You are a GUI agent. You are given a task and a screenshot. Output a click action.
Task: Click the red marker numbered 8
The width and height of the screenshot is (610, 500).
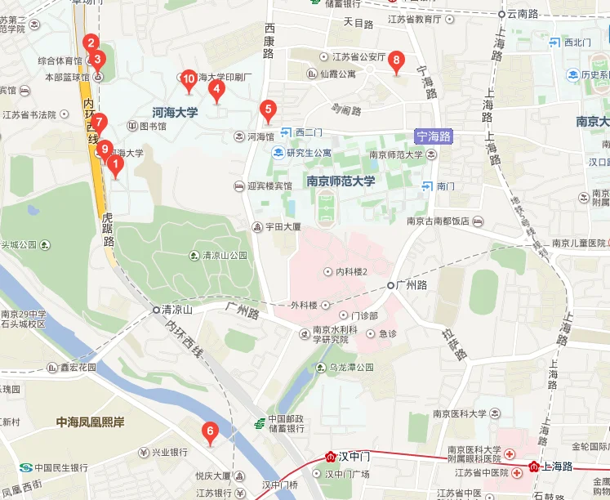coord(396,60)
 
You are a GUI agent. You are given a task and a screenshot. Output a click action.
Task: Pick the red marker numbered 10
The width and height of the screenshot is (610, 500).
coord(189,79)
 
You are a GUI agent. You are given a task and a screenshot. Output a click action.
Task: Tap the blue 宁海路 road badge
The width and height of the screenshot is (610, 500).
coord(433,136)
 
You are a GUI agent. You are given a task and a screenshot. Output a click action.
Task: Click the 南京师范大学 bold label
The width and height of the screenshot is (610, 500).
coord(340,181)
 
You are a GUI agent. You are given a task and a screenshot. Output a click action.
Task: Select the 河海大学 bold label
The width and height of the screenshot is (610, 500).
coord(175,112)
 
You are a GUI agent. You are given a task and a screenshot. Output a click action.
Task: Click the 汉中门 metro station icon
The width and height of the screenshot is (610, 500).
coord(332,457)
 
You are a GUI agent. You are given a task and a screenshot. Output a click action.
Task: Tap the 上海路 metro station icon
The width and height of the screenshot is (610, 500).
coord(534,467)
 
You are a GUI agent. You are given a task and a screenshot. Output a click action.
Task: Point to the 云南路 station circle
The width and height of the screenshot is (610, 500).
coord(501,14)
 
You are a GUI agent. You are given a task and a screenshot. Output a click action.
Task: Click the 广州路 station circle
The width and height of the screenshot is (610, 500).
coord(391,285)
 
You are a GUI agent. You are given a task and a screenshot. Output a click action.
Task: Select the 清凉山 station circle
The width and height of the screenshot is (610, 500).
coord(156,310)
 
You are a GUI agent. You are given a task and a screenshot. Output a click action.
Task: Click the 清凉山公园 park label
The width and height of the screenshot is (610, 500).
coord(224,256)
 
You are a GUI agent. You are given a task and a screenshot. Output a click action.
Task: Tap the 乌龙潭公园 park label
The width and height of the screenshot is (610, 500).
coord(351,368)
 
